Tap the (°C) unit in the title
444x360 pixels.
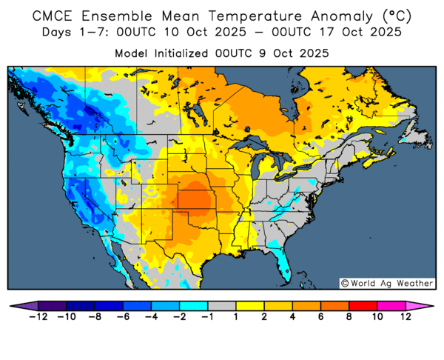point(388,16)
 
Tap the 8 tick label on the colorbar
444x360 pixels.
point(348,316)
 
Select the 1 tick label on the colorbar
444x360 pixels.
point(235,316)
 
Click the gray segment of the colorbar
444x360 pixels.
point(221,305)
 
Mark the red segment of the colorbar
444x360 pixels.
point(362,305)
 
